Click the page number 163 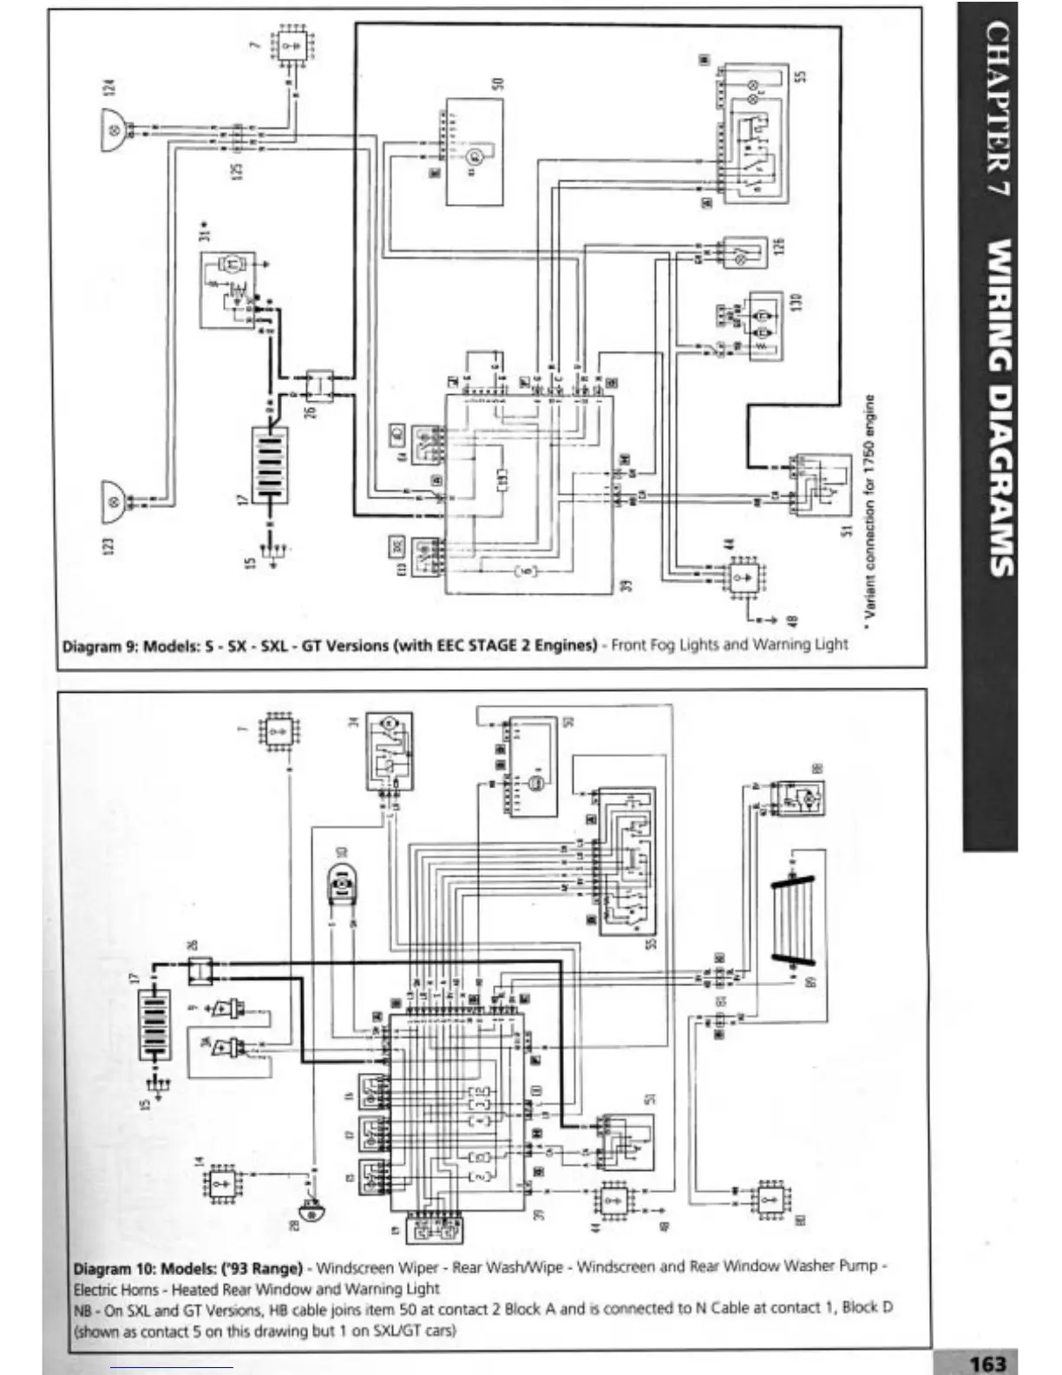coord(987,1363)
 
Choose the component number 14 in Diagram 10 coord(199,1162)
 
